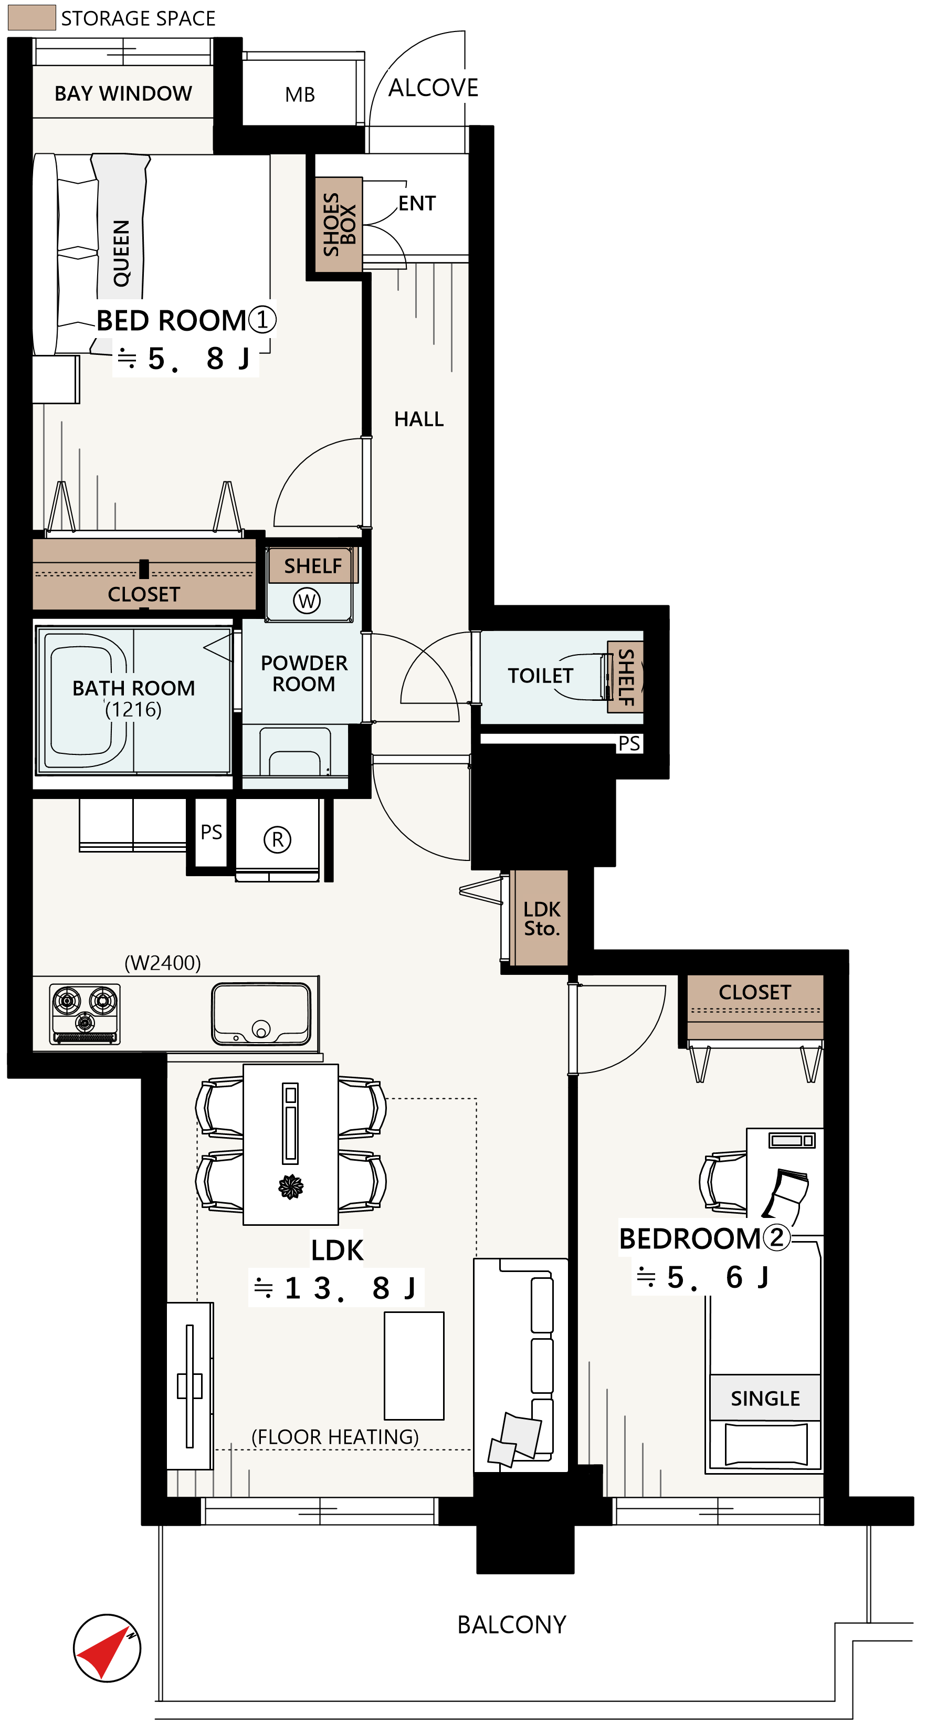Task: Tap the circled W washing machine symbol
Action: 307,601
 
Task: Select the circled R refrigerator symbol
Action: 277,839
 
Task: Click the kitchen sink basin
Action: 261,1014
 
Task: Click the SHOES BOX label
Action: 339,224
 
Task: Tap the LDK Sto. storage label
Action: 542,919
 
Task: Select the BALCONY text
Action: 511,1625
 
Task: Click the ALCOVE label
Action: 434,88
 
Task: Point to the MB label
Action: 299,95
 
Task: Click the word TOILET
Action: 540,675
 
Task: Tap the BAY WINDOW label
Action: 123,93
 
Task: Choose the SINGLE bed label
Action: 765,1399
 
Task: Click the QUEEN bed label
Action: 121,253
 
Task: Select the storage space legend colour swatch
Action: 31,18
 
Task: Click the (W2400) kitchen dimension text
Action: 163,963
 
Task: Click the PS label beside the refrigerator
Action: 212,833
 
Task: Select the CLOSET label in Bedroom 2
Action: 754,992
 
